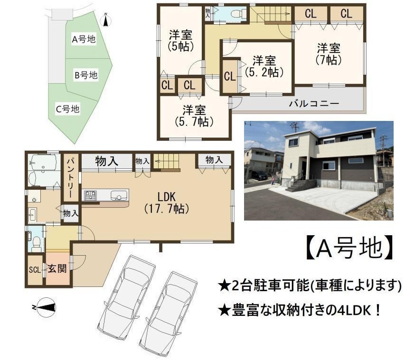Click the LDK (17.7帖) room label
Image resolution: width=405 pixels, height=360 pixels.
point(167,203)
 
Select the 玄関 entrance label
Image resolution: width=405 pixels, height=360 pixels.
point(57,268)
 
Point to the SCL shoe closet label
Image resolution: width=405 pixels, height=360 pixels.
point(35,270)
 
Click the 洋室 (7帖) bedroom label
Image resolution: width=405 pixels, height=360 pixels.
point(329,54)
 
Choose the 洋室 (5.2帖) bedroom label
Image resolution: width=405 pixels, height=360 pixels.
point(264,66)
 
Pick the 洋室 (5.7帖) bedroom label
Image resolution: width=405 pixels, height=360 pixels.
point(194,116)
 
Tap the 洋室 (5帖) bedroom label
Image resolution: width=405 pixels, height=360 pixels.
point(180,40)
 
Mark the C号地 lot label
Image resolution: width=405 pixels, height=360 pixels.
point(68,109)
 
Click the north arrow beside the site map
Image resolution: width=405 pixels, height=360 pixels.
point(105,19)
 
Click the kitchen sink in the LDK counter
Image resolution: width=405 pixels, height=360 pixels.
point(119,195)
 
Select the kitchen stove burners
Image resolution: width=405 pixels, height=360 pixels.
point(90,195)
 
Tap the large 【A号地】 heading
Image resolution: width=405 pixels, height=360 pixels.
point(350,247)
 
